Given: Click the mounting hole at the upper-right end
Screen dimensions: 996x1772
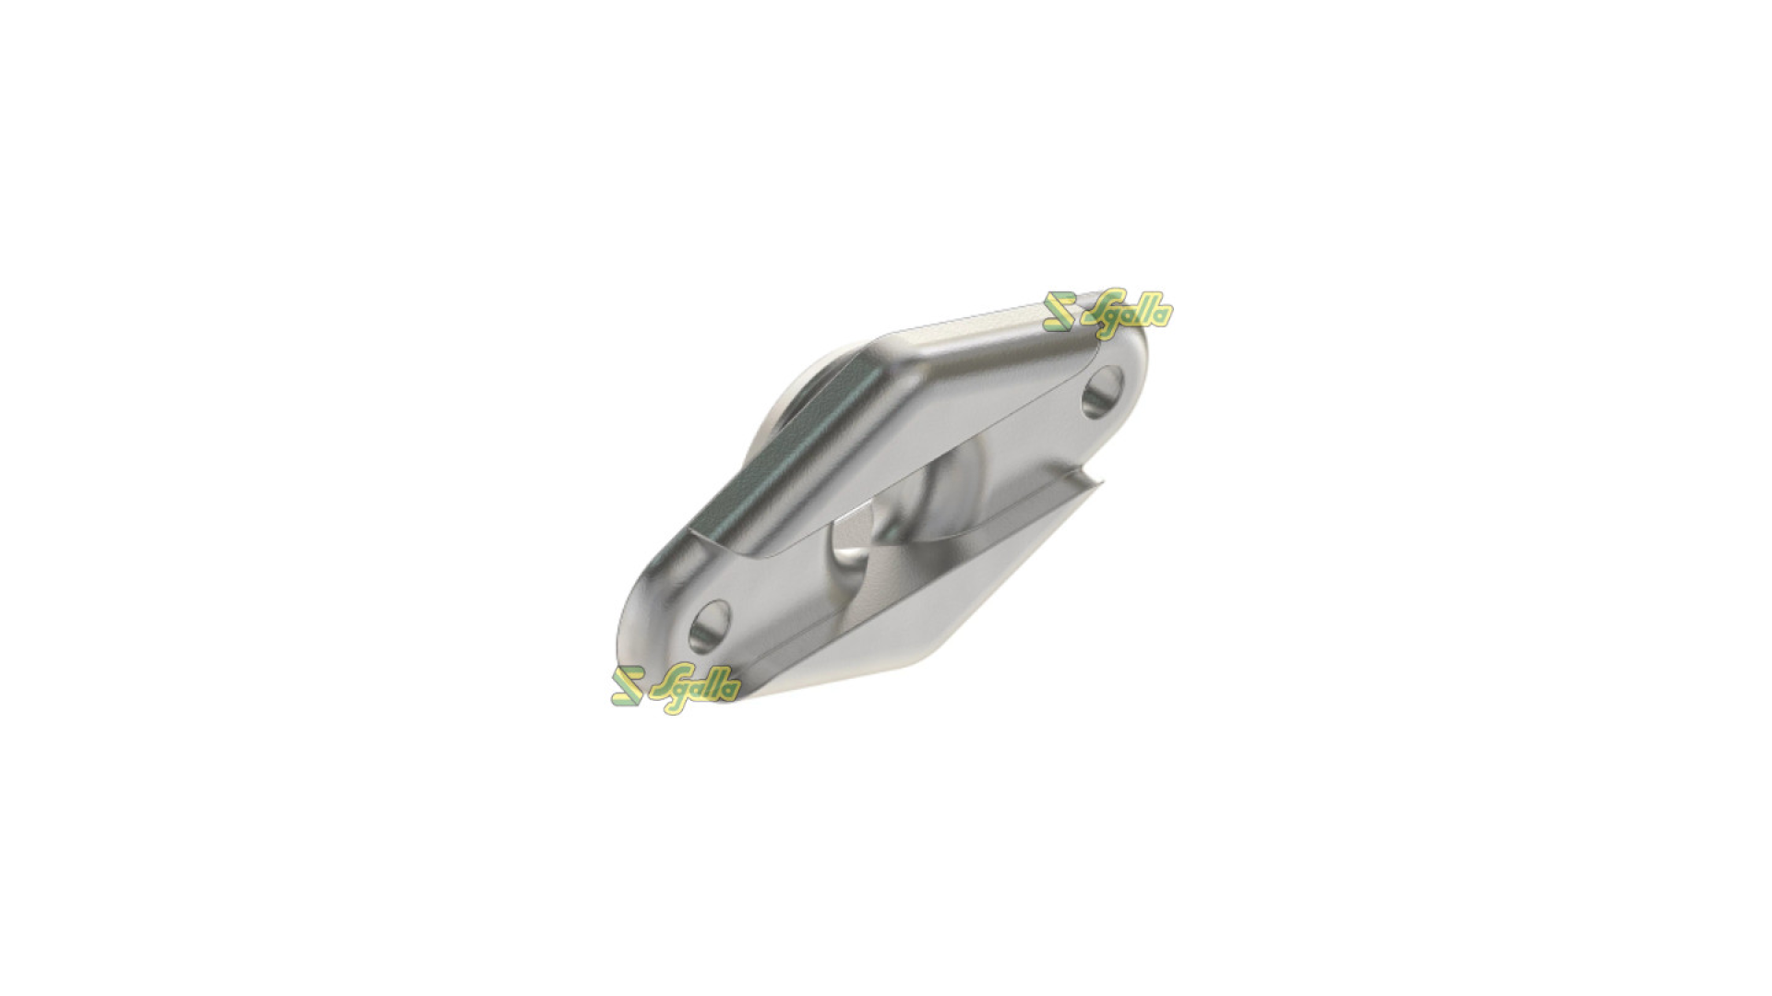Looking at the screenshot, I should (1102, 391).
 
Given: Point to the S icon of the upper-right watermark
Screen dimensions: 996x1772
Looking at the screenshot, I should (1060, 312).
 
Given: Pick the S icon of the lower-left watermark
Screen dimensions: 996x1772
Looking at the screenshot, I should (627, 686).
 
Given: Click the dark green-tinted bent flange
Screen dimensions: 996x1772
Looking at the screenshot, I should (784, 461).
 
